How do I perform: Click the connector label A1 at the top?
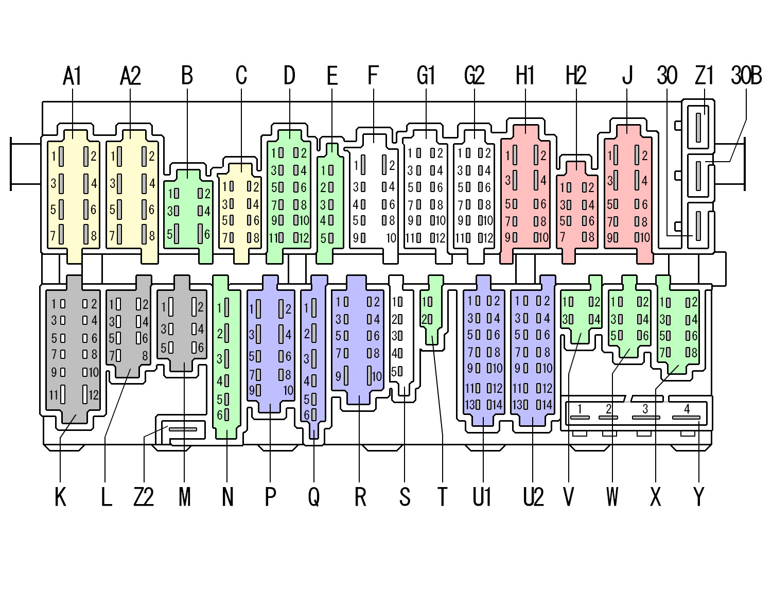(72, 76)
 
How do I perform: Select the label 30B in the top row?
(746, 76)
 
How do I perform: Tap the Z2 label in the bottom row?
(144, 497)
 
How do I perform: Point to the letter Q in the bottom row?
(313, 497)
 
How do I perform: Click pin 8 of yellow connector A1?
(86, 235)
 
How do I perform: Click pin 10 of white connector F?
(391, 238)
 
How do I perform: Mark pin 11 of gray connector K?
(62, 395)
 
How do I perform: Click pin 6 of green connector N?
(226, 414)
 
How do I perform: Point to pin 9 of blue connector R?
(346, 376)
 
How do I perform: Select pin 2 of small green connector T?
(430, 319)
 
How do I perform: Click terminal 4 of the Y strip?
(687, 417)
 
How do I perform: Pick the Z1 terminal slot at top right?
(698, 127)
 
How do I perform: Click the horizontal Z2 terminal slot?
(183, 429)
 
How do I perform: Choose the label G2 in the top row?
(474, 76)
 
